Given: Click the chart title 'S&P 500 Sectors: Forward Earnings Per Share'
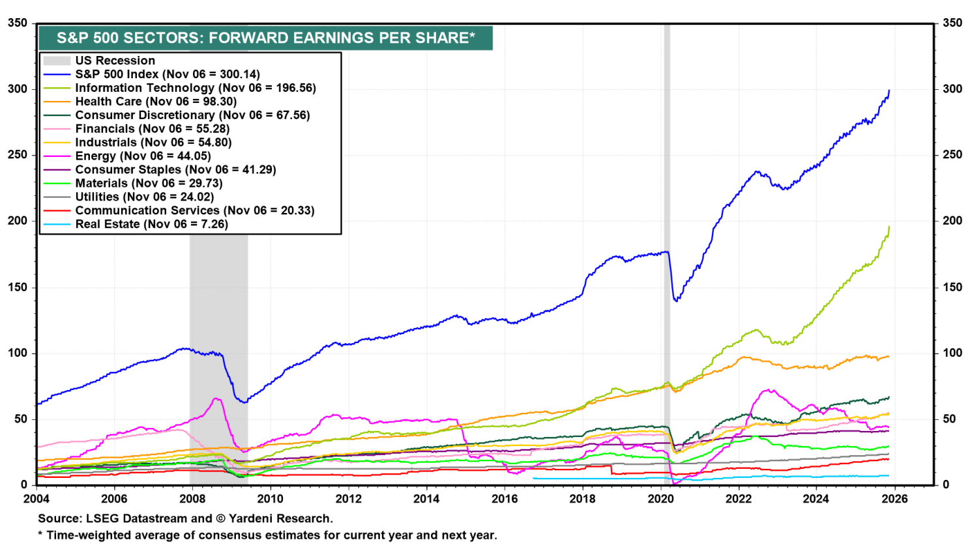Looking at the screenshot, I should click(x=265, y=38).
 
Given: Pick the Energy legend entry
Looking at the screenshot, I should click(x=143, y=156).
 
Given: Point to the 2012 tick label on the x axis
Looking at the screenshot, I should click(x=348, y=499).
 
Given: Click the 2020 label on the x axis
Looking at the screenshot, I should click(x=660, y=499).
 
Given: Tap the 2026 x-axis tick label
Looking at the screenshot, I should click(x=894, y=499).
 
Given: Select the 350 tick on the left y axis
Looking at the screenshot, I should click(x=18, y=23).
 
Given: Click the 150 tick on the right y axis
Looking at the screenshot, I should click(x=952, y=287).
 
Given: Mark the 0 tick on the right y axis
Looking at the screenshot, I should click(x=946, y=485).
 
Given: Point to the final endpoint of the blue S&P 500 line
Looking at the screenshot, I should click(x=889, y=91).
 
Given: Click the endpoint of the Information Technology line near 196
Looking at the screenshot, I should click(x=889, y=227).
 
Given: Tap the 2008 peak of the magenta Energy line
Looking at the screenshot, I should click(x=216, y=398).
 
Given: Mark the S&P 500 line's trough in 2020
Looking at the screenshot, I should click(x=676, y=301).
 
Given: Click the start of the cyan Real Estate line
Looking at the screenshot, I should click(x=533, y=479).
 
